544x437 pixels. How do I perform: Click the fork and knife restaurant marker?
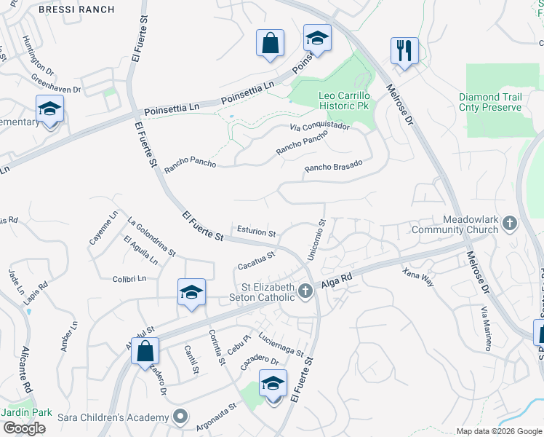pos(404,51)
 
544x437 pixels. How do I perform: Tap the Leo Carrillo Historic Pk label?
pos(345,101)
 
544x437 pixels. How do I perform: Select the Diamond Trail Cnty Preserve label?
pos(490,102)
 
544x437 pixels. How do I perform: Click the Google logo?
pos(24,428)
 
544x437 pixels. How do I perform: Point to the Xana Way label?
pos(418,277)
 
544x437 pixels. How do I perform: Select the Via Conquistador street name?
pos(319,127)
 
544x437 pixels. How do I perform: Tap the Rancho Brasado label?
pos(333,168)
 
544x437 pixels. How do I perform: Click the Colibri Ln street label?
pos(129,278)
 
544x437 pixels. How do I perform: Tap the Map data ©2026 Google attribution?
pos(499,431)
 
